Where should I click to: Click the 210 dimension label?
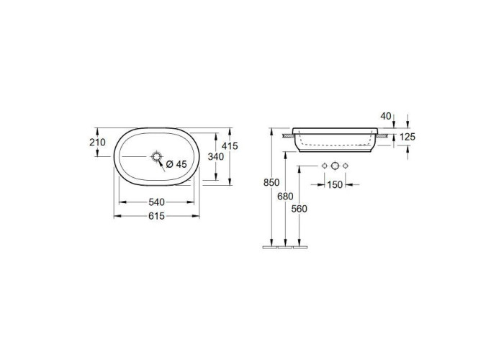coord(97,142)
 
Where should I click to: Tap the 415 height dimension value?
coord(230,146)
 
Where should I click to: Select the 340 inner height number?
coord(216,156)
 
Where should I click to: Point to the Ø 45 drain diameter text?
coord(176,164)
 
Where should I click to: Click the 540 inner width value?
coord(156,202)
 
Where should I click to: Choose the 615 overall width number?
coord(156,216)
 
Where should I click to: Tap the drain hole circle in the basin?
coord(156,156)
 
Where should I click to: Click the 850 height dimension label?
coord(271,182)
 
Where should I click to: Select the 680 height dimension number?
coord(285,196)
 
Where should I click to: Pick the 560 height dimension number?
coord(300,209)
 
